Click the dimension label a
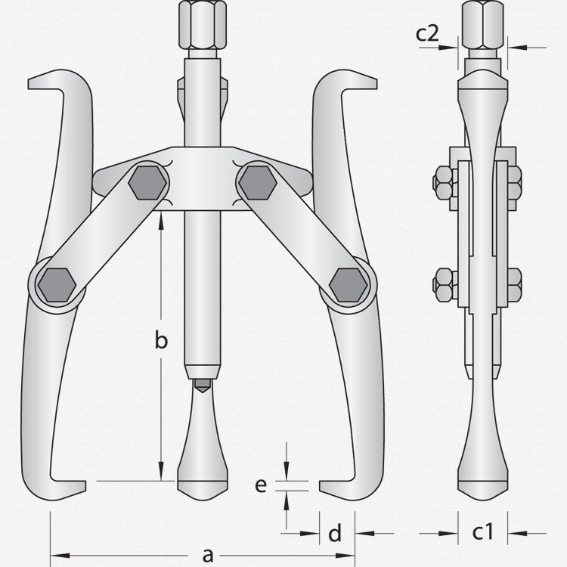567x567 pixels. click(208, 556)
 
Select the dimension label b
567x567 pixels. click(161, 341)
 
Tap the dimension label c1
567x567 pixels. click(483, 532)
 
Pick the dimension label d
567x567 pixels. click(335, 534)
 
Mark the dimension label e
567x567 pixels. click(261, 485)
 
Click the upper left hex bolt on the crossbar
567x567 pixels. click(147, 182)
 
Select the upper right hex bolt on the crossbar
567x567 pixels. click(256, 182)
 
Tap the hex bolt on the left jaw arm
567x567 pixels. click(57, 284)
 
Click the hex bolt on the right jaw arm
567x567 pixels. click(348, 284)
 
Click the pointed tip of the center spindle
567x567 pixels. click(202, 386)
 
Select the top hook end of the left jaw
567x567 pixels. click(45, 80)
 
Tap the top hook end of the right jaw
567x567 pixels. click(359, 80)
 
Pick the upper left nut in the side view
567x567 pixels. click(443, 182)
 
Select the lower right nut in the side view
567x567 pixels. click(515, 284)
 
